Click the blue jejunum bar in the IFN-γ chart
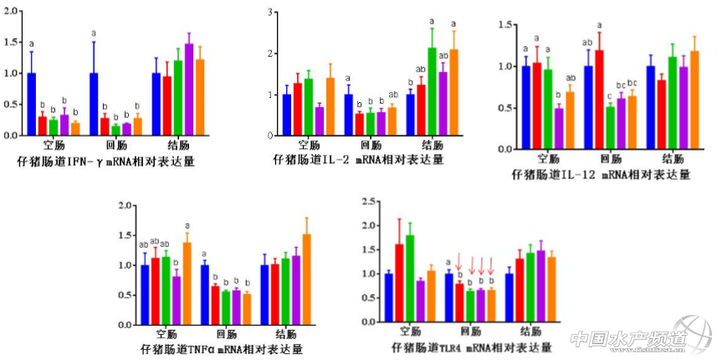click(x=31, y=104)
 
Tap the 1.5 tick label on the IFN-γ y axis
click(x=12, y=42)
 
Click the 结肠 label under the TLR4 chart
click(x=530, y=330)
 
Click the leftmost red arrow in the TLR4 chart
click(x=459, y=265)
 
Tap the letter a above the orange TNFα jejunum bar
click(x=187, y=225)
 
